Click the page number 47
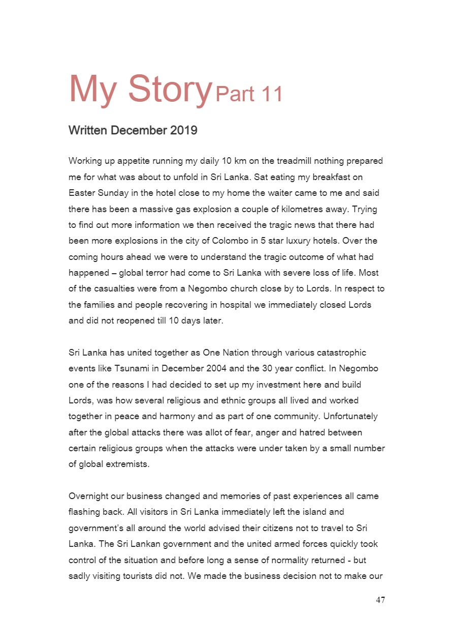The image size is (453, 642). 380,600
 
